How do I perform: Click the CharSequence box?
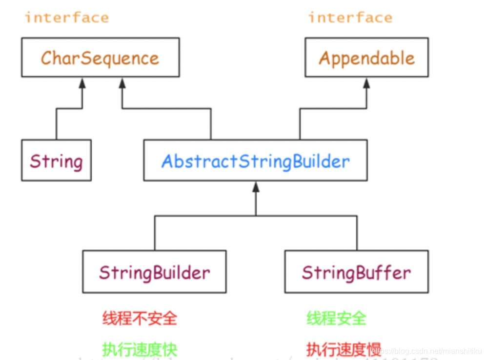(x=100, y=58)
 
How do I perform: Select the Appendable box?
(x=366, y=58)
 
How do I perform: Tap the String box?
(x=56, y=160)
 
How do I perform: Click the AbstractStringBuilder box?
(x=255, y=160)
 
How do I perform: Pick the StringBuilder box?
(x=154, y=272)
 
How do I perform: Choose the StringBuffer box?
(x=356, y=272)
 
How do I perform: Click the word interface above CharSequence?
(x=67, y=18)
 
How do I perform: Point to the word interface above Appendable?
(x=350, y=18)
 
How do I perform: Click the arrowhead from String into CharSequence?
(x=82, y=83)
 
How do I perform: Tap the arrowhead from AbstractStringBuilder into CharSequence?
(x=122, y=83)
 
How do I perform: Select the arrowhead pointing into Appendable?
(x=366, y=83)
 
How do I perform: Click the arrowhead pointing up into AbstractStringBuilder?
(x=255, y=187)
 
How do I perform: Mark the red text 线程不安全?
(x=140, y=319)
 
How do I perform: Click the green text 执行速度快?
(x=140, y=349)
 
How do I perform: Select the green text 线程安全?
(x=336, y=319)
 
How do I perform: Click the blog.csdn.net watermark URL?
(x=425, y=350)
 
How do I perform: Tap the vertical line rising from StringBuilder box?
(x=155, y=233)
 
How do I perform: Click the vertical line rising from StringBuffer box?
(x=357, y=233)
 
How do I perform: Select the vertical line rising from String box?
(x=56, y=124)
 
